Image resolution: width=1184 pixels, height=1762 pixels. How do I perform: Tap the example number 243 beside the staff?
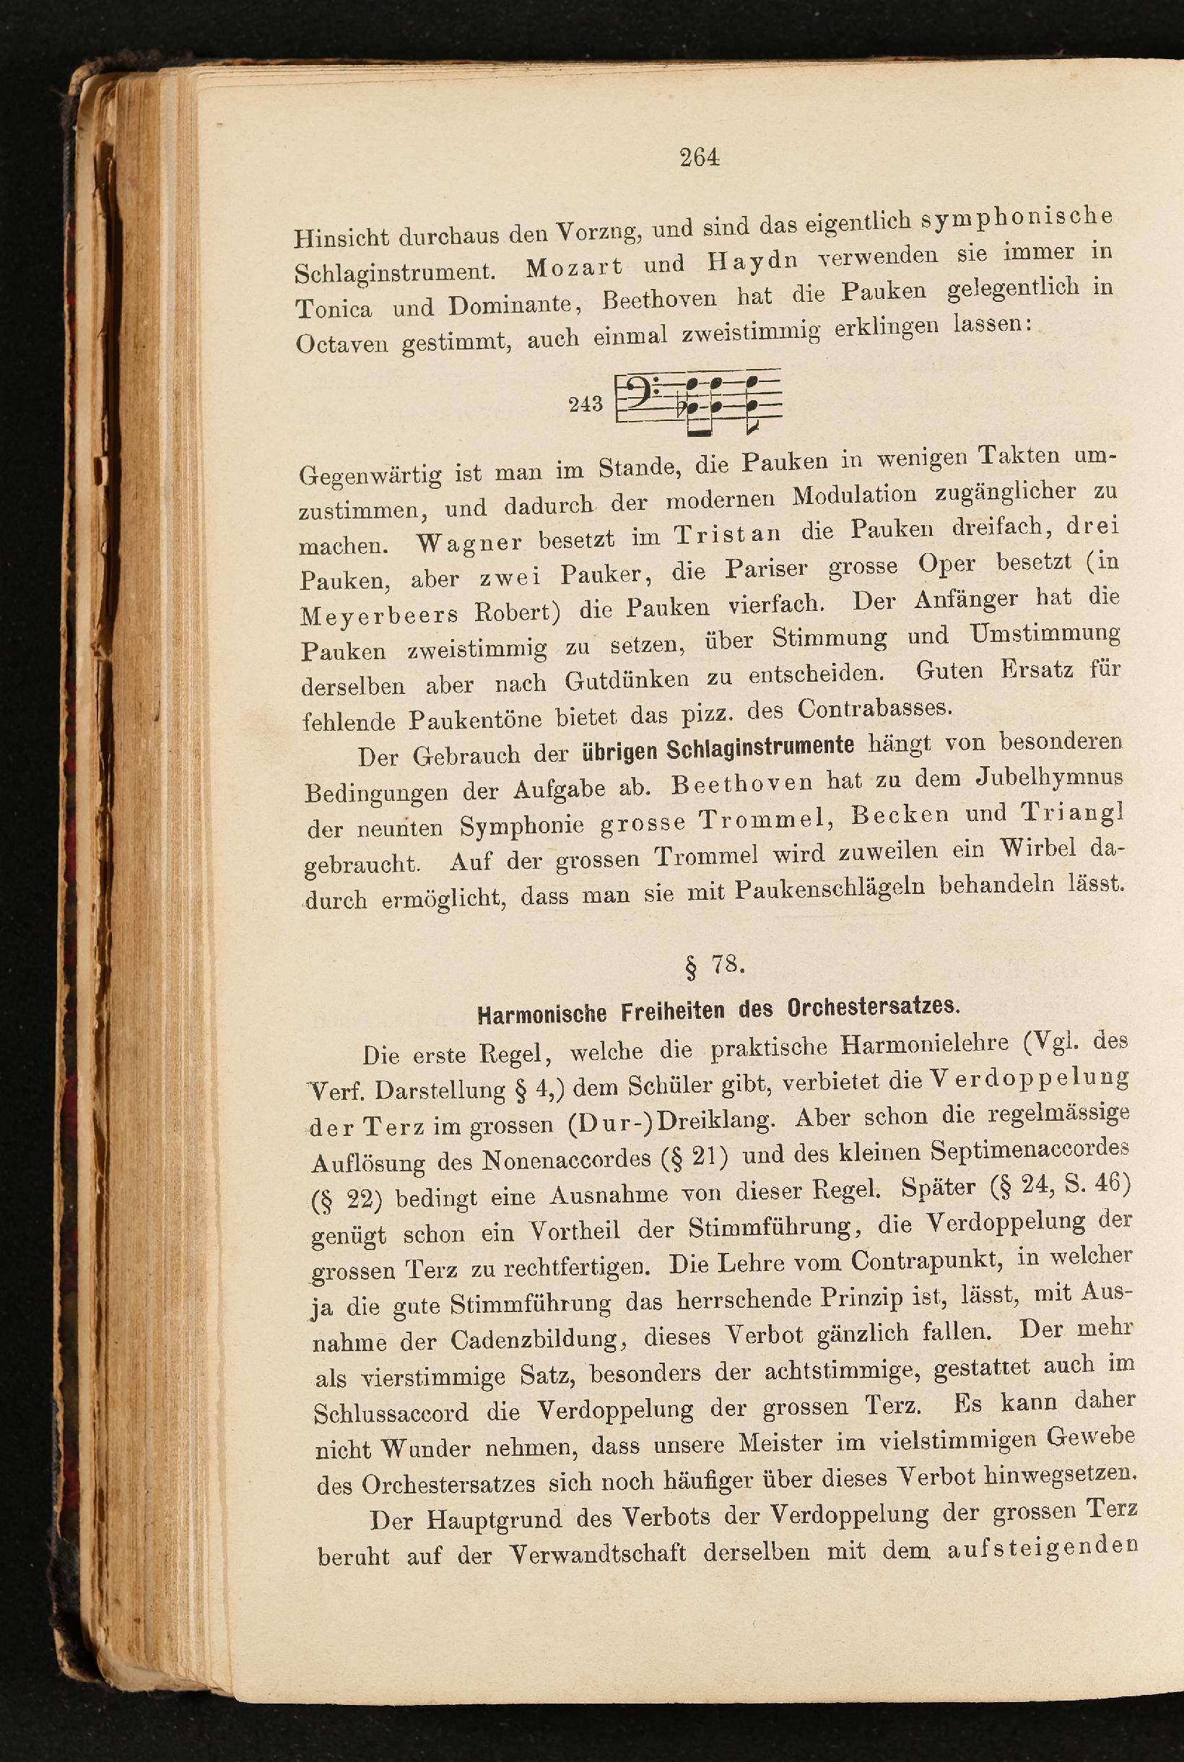tap(586, 404)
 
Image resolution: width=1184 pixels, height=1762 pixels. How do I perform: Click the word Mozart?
tap(573, 266)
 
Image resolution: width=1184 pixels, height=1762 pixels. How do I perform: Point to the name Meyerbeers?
tap(379, 615)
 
